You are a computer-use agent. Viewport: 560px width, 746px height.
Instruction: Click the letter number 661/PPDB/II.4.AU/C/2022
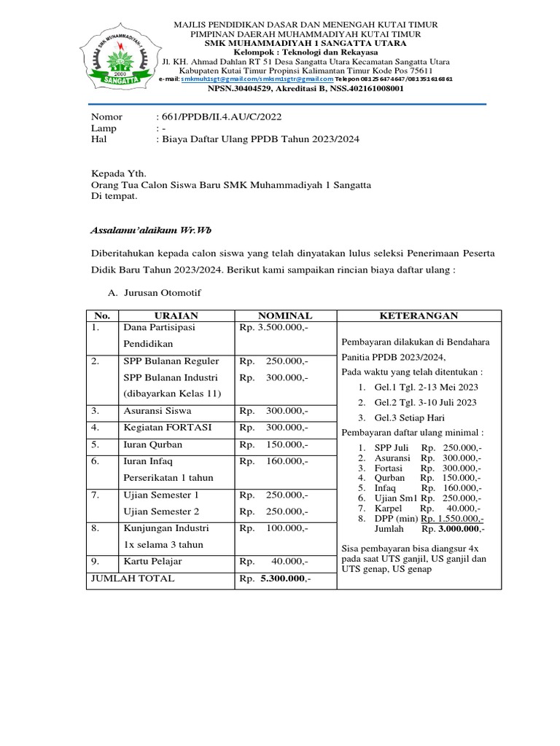tap(219, 117)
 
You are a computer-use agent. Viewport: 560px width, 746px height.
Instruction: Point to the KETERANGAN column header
tap(419, 315)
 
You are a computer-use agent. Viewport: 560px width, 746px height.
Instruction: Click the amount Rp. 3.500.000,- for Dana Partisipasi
tap(273, 328)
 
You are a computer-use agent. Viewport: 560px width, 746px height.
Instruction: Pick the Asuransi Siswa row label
tap(157, 411)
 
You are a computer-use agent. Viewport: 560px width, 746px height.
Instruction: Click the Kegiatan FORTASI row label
tap(168, 428)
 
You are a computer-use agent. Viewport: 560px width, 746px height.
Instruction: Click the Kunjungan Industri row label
tap(166, 527)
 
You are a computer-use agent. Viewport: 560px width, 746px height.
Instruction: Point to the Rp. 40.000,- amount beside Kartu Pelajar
tap(273, 562)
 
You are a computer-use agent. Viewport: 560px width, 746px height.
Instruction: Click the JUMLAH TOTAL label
tap(132, 578)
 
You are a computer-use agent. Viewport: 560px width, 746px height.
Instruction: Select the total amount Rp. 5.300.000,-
tap(274, 578)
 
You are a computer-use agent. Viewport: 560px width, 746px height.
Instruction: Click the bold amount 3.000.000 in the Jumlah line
tap(458, 529)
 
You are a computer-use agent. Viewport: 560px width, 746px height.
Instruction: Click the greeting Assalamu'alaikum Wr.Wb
tap(140, 229)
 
